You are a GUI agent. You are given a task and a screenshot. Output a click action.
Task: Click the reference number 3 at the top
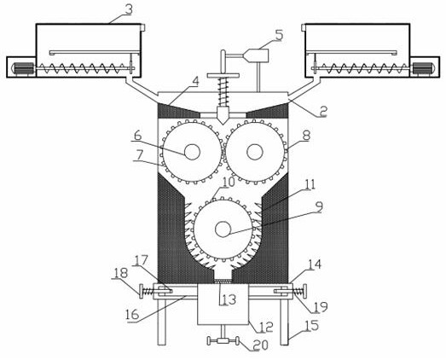pyautogui.click(x=129, y=10)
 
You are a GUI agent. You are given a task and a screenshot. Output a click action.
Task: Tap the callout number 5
pyautogui.click(x=279, y=35)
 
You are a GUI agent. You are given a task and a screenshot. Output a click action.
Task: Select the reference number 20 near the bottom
pyautogui.click(x=261, y=345)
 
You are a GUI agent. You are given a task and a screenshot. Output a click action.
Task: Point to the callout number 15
pyautogui.click(x=312, y=326)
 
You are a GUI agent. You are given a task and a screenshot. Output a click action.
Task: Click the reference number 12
pyautogui.click(x=266, y=327)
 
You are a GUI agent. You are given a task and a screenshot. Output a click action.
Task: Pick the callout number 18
pyautogui.click(x=120, y=273)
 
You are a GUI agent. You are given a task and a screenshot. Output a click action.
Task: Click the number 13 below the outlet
pyautogui.click(x=229, y=299)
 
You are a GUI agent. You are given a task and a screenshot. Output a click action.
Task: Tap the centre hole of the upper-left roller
pyautogui.click(x=192, y=152)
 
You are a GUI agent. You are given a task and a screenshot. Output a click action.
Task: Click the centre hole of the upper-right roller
pyautogui.click(x=255, y=152)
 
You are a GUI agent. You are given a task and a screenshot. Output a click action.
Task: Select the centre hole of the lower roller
pyautogui.click(x=223, y=229)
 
